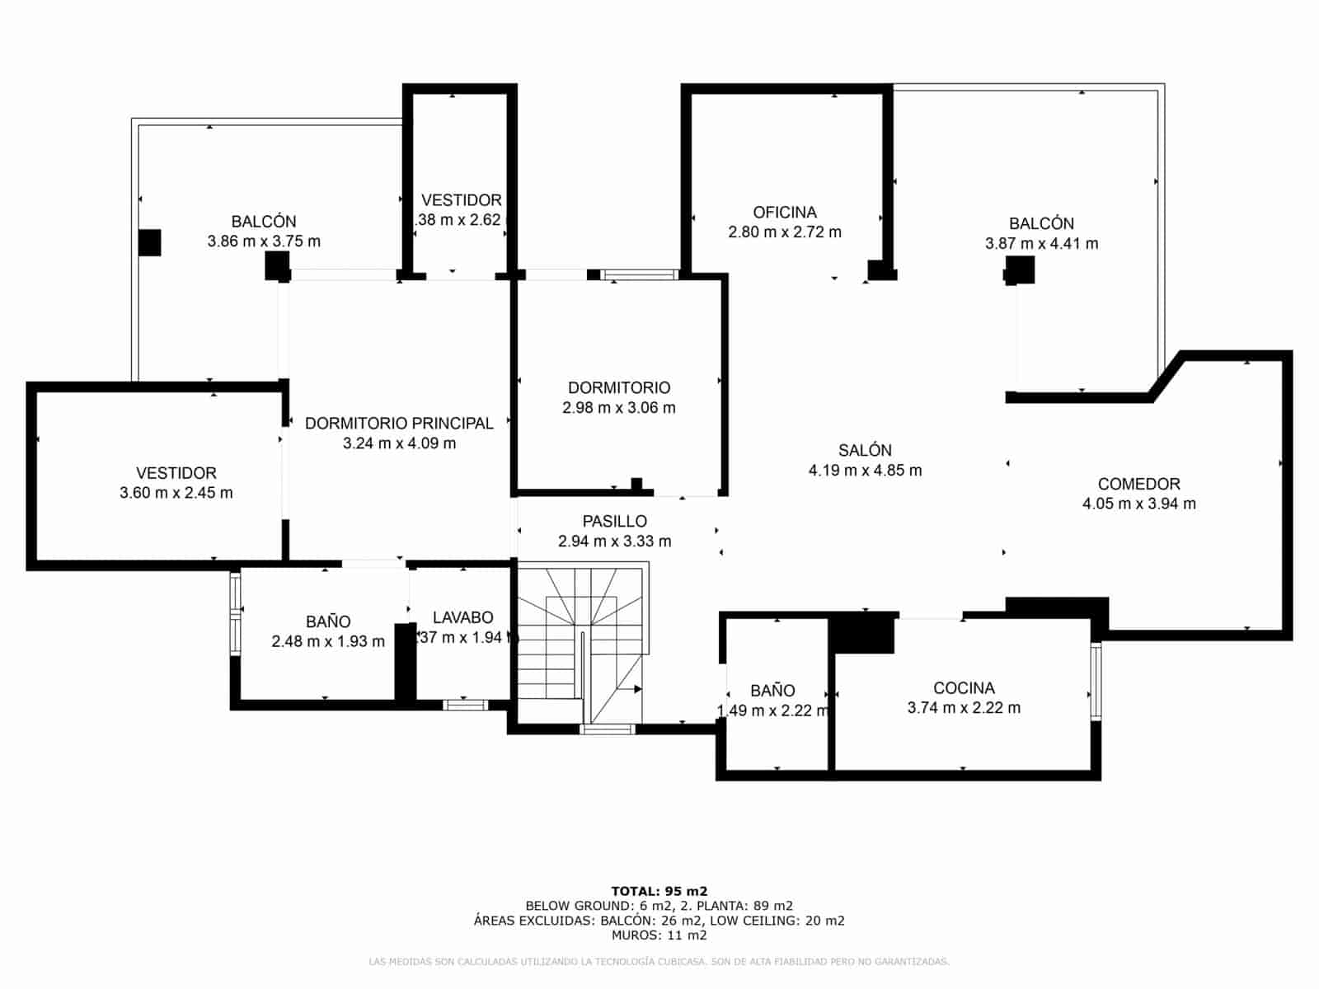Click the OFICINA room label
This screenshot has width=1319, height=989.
tap(784, 213)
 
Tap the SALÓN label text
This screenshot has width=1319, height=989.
tap(865, 451)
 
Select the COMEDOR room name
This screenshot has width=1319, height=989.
tap(1138, 485)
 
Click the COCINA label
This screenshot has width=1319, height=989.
tap(964, 688)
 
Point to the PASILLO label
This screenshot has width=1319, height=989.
tap(614, 522)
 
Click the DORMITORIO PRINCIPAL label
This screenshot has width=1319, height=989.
tap(399, 424)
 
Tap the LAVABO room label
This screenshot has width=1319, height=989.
tap(462, 618)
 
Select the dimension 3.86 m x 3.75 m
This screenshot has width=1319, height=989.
tap(264, 242)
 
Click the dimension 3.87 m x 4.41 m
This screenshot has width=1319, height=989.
tap(1041, 244)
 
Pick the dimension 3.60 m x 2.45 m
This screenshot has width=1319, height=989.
tap(176, 494)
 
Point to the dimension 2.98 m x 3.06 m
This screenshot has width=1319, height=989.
tap(618, 408)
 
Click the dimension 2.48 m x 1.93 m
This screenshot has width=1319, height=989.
tap(328, 642)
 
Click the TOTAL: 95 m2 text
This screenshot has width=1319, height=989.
tap(659, 891)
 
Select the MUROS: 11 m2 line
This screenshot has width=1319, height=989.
tap(659, 935)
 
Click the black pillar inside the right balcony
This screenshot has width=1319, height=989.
tap(1020, 270)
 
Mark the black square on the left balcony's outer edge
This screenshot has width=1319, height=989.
tap(149, 242)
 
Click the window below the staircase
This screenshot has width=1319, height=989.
tap(608, 729)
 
